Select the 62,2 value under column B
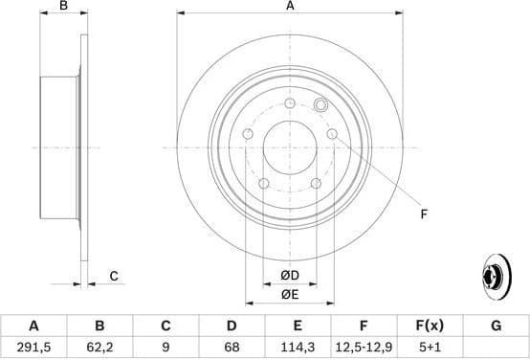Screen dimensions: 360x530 click(99, 348)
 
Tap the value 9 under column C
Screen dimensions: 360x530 click(166, 348)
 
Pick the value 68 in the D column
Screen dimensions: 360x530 click(232, 348)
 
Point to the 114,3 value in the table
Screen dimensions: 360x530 click(298, 348)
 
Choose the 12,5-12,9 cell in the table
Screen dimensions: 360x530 click(364, 348)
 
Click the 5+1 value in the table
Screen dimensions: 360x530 click(430, 348)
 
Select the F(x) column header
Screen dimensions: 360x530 click(430, 326)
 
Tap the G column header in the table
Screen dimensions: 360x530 click(496, 326)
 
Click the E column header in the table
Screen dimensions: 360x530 click(298, 326)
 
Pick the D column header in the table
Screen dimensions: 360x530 click(232, 326)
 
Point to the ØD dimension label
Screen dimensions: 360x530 click(290, 277)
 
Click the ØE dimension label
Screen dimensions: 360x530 click(290, 294)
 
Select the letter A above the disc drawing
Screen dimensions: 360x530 click(290, 7)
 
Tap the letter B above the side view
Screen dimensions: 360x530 click(64, 7)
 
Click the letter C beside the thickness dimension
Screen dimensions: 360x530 click(113, 277)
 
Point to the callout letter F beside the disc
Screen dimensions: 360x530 click(423, 214)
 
